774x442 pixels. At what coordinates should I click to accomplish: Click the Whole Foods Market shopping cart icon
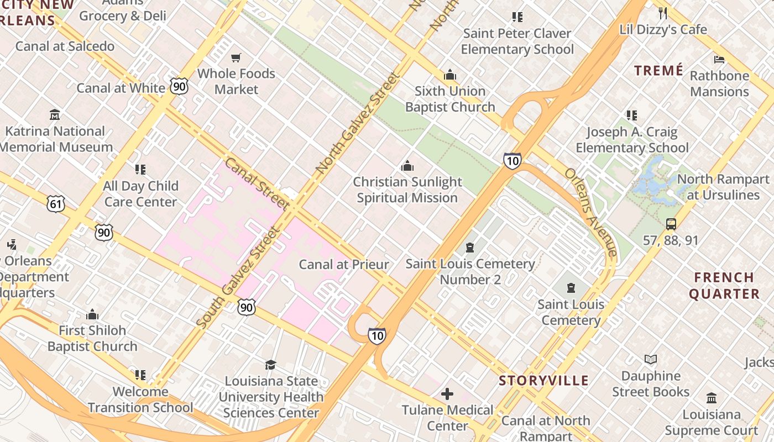[237, 57]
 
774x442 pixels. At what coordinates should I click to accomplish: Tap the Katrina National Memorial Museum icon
[55, 115]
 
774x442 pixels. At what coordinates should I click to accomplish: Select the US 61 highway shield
[56, 204]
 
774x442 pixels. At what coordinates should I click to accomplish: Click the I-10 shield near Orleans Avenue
[512, 161]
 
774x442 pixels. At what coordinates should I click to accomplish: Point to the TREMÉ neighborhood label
[658, 71]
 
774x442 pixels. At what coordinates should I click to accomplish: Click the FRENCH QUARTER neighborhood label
[724, 286]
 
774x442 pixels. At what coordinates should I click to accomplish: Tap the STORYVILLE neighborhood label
[543, 381]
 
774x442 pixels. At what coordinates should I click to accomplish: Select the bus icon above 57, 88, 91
[671, 224]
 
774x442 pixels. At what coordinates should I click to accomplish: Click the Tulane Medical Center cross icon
[447, 394]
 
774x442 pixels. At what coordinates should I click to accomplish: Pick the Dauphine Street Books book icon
[651, 360]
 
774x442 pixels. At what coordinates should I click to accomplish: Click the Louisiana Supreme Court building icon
[712, 398]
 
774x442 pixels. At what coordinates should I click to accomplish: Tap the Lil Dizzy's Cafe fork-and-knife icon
[663, 13]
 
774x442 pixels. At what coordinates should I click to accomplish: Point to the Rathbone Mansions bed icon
[719, 59]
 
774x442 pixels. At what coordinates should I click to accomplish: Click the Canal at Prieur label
[344, 265]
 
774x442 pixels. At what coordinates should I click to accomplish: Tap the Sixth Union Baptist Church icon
[450, 75]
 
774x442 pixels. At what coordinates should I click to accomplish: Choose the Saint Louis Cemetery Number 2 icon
[470, 247]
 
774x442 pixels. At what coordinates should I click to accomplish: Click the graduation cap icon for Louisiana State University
[270, 365]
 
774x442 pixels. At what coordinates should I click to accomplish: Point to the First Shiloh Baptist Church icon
[92, 314]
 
